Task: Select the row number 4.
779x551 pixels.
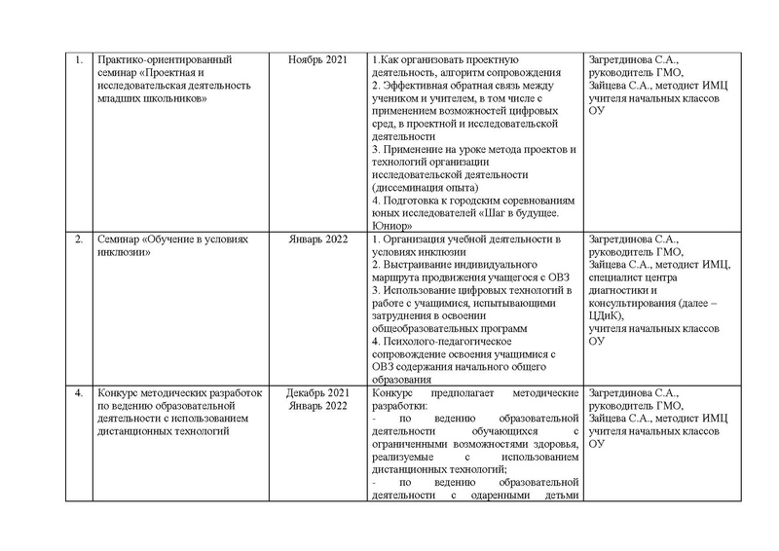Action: [x=78, y=391]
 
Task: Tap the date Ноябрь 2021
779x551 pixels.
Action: [x=317, y=60]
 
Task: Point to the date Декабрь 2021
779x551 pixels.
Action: [x=317, y=391]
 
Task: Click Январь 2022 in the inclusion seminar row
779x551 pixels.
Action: [x=317, y=239]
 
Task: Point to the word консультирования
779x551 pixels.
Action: [x=636, y=302]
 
